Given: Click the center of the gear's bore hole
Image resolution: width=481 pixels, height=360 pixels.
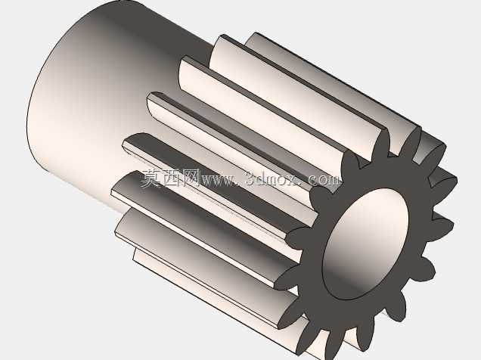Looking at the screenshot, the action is click(366, 244).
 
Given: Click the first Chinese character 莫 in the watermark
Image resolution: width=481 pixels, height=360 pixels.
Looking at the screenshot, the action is click(151, 178).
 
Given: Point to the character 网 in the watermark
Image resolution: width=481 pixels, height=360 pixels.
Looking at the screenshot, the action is click(190, 178).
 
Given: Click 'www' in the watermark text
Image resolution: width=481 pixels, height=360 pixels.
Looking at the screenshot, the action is click(218, 180).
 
